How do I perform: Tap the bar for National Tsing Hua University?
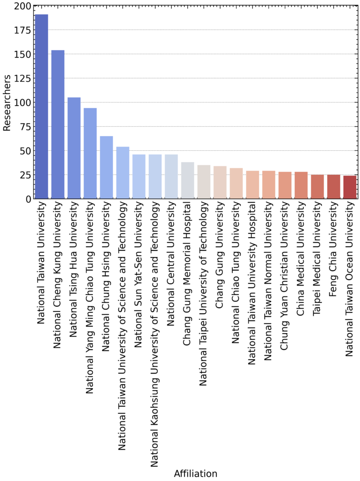74,148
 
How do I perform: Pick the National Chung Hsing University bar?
107,167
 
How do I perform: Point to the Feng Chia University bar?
334,186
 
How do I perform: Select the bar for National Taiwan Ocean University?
350,187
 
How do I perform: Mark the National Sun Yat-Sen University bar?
139,177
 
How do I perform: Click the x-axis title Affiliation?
195,473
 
